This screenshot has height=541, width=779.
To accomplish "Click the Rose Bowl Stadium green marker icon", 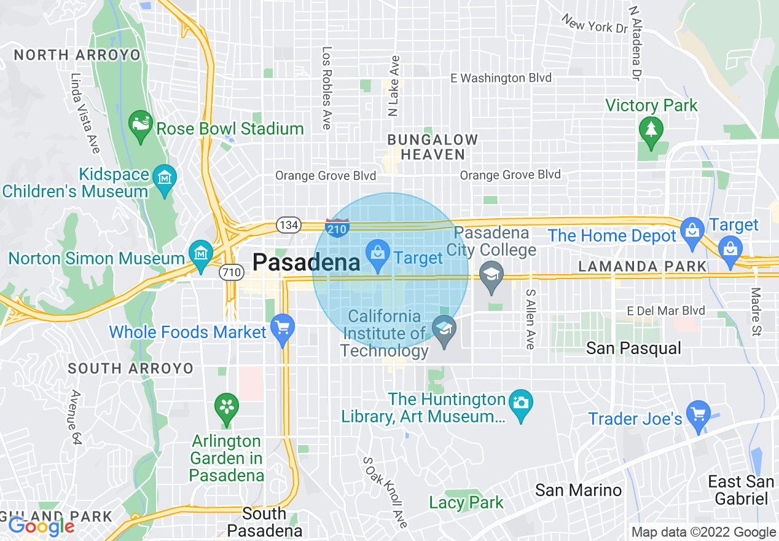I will pyautogui.click(x=141, y=122).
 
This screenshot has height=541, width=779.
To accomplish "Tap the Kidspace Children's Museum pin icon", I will pyautogui.click(x=165, y=178).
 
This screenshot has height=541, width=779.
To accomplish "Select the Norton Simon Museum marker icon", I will pyautogui.click(x=200, y=253).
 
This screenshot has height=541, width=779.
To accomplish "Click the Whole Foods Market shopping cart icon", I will pyautogui.click(x=282, y=326).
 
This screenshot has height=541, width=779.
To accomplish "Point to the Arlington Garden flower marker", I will pyautogui.click(x=226, y=406).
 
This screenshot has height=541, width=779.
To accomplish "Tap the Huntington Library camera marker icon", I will pyautogui.click(x=521, y=403).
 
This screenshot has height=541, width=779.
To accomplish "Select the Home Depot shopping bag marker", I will pyautogui.click(x=692, y=231).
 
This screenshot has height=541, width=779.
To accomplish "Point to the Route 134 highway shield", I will pyautogui.click(x=288, y=225).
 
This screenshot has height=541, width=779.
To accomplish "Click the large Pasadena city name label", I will pyautogui.click(x=306, y=263).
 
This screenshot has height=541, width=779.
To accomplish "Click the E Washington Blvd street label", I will pyautogui.click(x=501, y=78).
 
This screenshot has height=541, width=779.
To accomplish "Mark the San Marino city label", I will pyautogui.click(x=578, y=490).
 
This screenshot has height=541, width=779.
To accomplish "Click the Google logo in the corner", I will pyautogui.click(x=41, y=526).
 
